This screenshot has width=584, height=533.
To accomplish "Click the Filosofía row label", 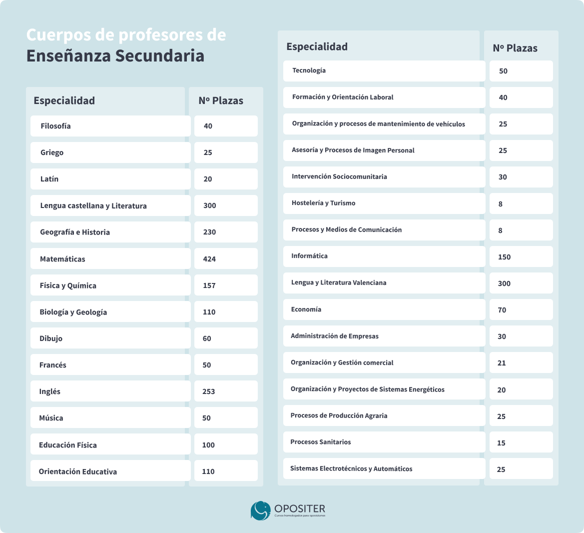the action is pyautogui.click(x=55, y=126).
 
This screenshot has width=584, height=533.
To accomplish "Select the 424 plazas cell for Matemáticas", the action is pyautogui.click(x=209, y=259).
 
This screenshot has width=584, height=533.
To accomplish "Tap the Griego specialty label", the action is pyautogui.click(x=52, y=152).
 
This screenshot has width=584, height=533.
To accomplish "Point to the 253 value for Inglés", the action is pyautogui.click(x=209, y=391).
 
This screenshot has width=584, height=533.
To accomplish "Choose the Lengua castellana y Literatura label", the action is pyautogui.click(x=93, y=205).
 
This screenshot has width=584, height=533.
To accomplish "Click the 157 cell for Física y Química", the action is pyautogui.click(x=209, y=285).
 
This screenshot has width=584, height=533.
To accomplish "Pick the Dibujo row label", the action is pyautogui.click(x=51, y=339).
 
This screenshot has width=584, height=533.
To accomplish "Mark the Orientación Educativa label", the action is pyautogui.click(x=78, y=471).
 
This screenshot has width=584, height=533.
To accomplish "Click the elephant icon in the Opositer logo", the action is pyautogui.click(x=260, y=510).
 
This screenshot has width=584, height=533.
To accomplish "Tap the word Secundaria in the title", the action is pyautogui.click(x=160, y=56).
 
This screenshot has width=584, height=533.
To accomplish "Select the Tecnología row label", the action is pyautogui.click(x=309, y=70).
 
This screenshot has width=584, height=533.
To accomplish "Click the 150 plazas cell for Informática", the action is pyautogui.click(x=504, y=257).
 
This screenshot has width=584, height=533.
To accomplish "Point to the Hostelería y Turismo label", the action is pyautogui.click(x=323, y=203).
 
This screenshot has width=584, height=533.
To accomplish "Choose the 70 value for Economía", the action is pyautogui.click(x=502, y=310).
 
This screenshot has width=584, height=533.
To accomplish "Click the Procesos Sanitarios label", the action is pyautogui.click(x=320, y=442).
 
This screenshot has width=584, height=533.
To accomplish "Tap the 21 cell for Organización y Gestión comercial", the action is pyautogui.click(x=502, y=363).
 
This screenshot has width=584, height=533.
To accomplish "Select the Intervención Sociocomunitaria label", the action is pyautogui.click(x=339, y=176).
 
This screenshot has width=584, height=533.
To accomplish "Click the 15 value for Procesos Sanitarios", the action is pyautogui.click(x=501, y=443).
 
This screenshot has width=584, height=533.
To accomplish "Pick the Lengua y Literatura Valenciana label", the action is pyautogui.click(x=339, y=283).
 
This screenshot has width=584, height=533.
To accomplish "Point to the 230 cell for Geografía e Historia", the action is pyautogui.click(x=210, y=232).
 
